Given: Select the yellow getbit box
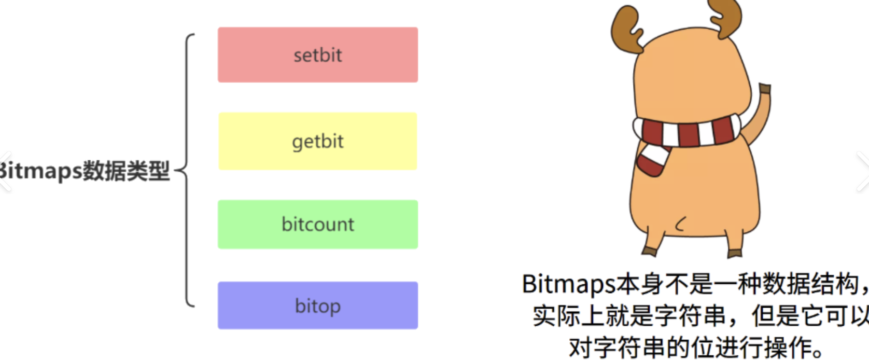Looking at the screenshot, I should tap(317, 141).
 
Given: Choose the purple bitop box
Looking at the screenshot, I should tap(317, 305).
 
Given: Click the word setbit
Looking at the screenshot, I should tap(317, 55).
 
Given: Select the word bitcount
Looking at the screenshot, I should tap(317, 224).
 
